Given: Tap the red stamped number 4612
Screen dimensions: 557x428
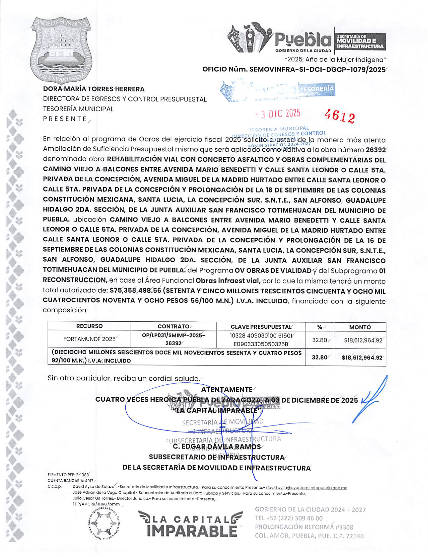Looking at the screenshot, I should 339,116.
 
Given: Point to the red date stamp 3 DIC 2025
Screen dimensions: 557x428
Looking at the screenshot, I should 278,114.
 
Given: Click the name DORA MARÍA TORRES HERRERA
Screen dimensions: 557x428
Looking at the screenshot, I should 94,89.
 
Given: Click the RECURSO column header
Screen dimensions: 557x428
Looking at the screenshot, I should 89,326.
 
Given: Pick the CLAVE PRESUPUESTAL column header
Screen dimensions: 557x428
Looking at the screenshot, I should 261,327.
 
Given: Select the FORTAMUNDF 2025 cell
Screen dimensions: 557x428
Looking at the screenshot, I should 89,339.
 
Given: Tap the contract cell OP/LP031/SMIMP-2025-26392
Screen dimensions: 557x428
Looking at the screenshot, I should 173,339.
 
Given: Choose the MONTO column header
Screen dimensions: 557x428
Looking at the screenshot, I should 360,327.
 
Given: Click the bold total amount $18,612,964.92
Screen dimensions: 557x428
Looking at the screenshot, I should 362,357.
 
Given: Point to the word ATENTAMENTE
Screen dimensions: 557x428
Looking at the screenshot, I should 226,389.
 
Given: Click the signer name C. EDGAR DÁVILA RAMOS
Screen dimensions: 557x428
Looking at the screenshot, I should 217,447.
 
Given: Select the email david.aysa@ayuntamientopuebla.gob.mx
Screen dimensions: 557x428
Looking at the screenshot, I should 306,488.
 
